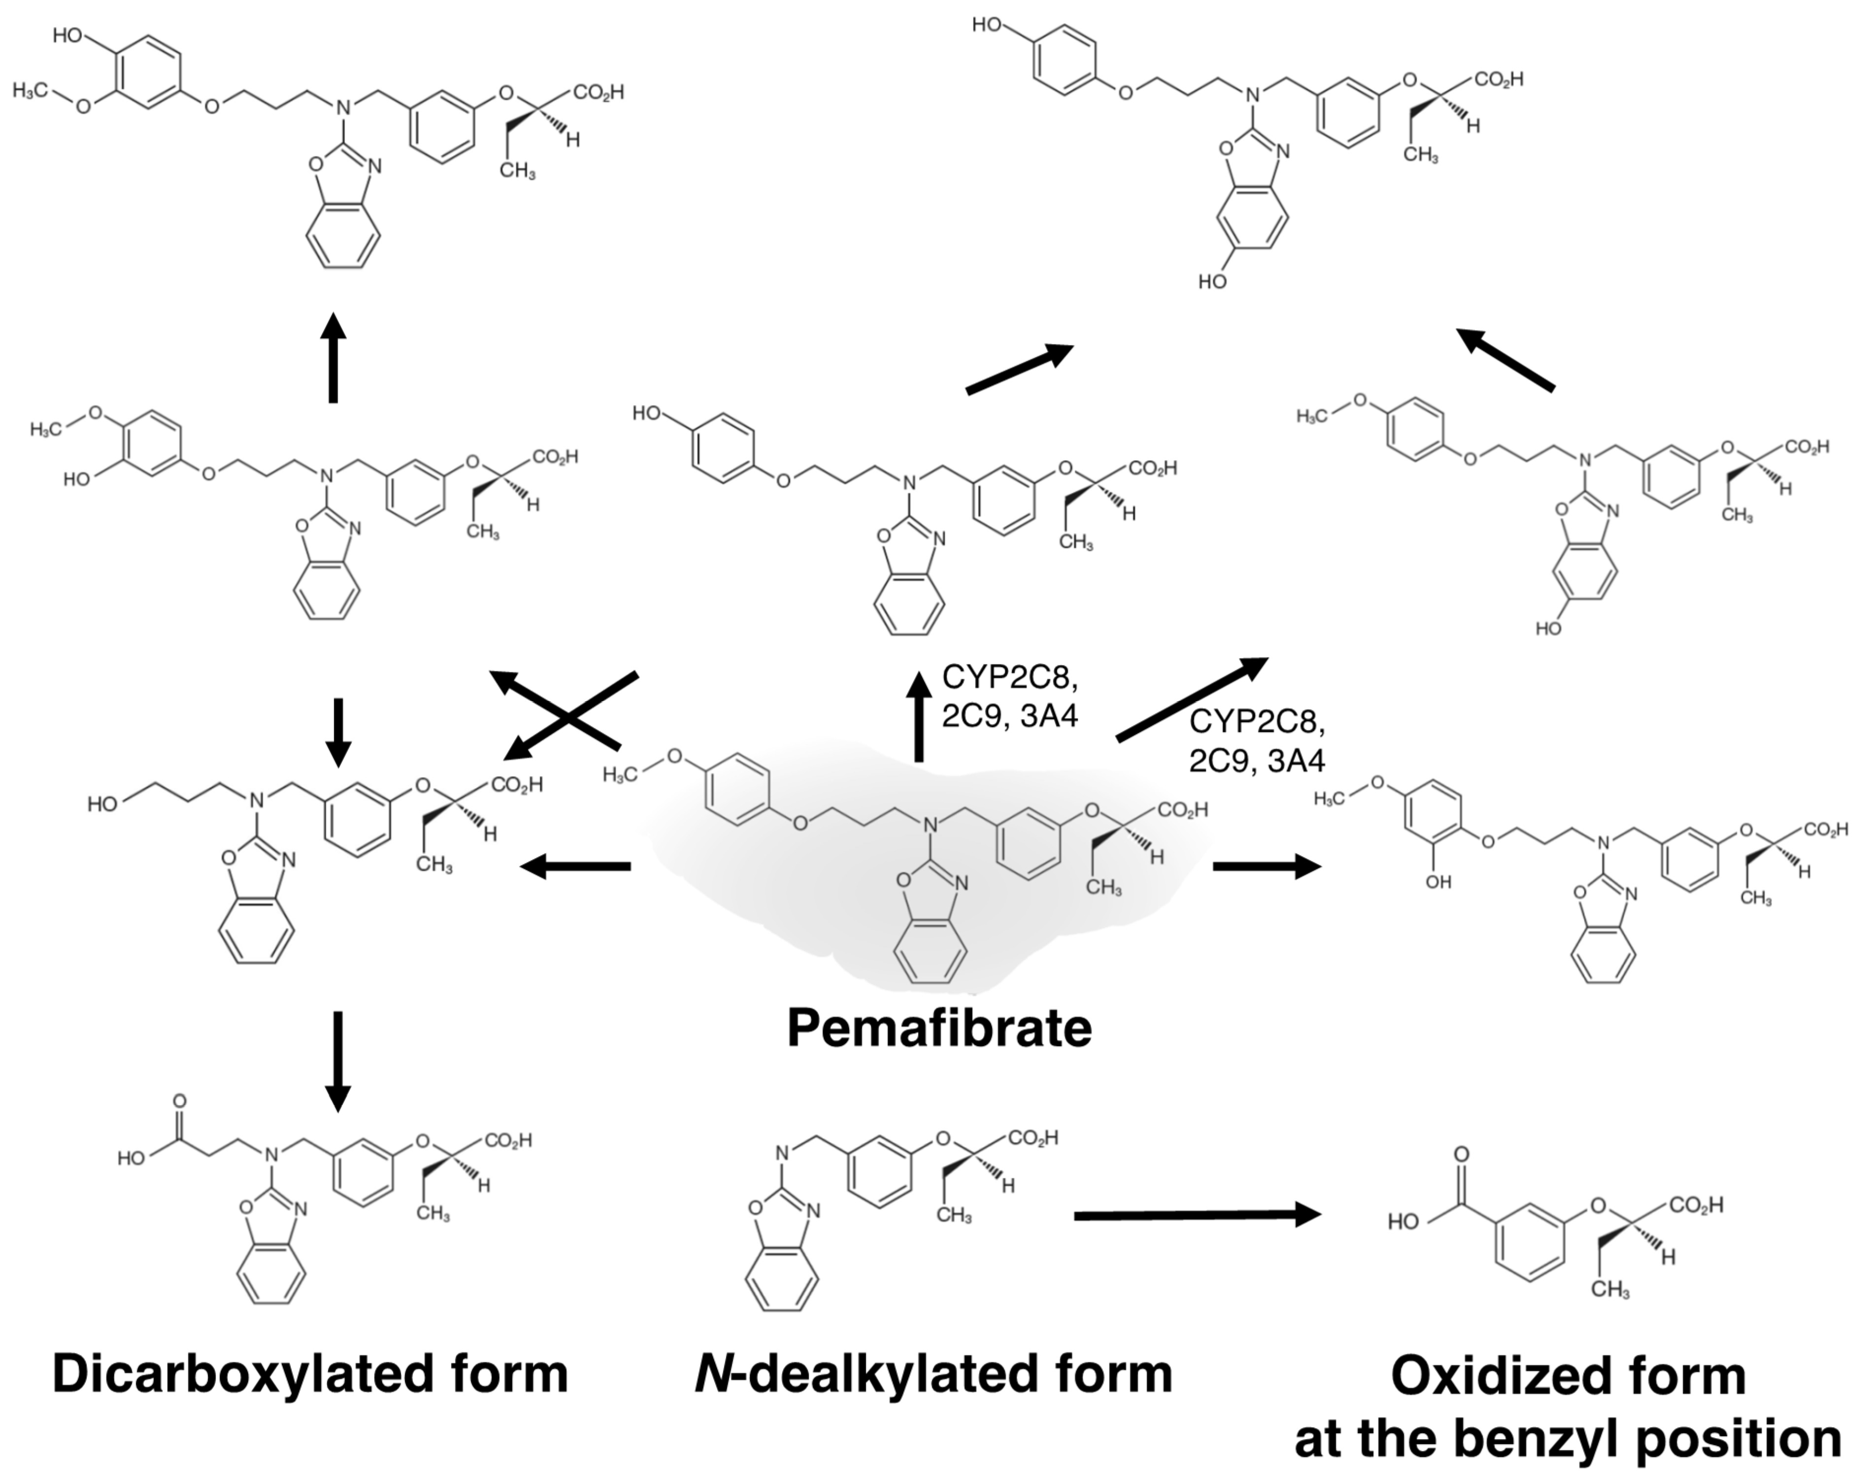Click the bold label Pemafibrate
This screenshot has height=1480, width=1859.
[939, 1028]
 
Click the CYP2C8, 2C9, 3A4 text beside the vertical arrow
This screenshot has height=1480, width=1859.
[1009, 697]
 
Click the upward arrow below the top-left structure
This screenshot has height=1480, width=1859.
[333, 358]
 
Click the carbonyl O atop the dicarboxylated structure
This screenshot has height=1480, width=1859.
[179, 1101]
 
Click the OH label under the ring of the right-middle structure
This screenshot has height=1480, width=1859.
[1438, 881]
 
